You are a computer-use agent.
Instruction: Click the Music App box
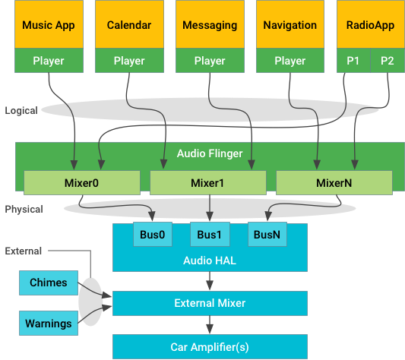[48, 25]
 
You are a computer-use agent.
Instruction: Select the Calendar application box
[128, 25]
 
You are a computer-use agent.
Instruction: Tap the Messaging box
[210, 25]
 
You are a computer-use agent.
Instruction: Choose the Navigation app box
[290, 25]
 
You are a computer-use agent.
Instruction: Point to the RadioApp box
[370, 25]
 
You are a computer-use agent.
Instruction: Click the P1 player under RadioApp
[353, 61]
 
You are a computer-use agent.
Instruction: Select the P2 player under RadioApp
[388, 61]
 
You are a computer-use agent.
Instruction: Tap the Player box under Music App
[48, 61]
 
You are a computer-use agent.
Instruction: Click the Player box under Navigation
[290, 61]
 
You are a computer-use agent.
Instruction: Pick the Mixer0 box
[81, 182]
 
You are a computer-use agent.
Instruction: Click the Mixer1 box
[207, 182]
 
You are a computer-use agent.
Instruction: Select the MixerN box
[334, 182]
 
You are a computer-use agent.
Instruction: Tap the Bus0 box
[152, 235]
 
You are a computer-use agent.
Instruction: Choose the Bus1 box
[209, 235]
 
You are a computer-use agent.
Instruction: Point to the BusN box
[267, 235]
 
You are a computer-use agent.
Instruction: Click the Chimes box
[49, 283]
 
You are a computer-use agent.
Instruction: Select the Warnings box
[49, 323]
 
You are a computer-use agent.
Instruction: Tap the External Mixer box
[210, 303]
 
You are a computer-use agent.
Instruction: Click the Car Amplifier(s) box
[210, 347]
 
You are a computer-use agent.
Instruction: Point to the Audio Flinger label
[210, 153]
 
